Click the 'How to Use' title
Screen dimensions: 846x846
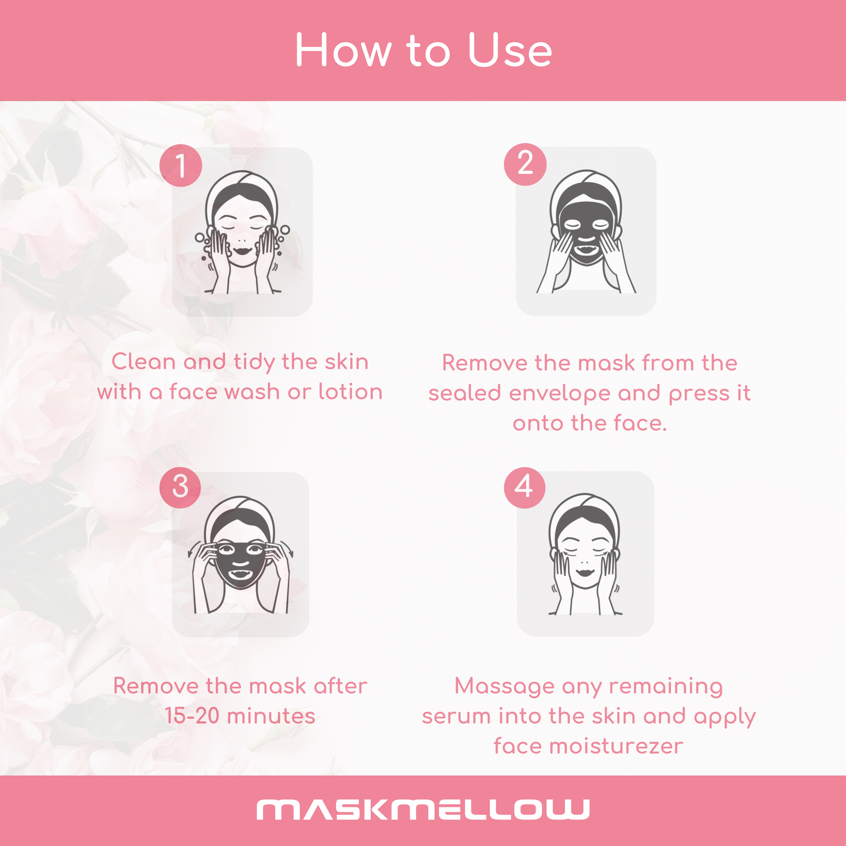pos(424,50)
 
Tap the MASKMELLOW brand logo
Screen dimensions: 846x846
pos(423,809)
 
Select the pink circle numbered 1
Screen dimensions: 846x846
pos(181,166)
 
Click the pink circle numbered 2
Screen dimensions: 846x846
pos(525,164)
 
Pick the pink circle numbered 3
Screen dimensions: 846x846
pos(180,487)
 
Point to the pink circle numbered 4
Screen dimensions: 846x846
pos(525,487)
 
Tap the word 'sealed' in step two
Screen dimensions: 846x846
pos(464,392)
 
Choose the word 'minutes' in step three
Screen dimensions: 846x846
pos(271,716)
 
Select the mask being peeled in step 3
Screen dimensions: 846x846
pos(240,564)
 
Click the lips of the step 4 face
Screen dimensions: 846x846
pos(585,573)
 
